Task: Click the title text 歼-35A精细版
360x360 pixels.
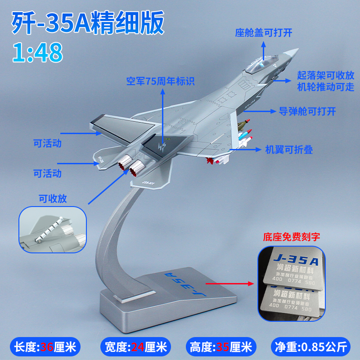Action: click(x=87, y=24)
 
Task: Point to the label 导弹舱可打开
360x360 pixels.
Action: click(x=307, y=111)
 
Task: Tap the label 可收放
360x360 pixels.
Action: click(x=53, y=198)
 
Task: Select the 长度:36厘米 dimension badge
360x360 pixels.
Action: click(x=46, y=346)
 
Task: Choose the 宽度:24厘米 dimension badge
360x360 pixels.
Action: click(x=135, y=346)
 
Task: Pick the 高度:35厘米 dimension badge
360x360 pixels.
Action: click(x=224, y=346)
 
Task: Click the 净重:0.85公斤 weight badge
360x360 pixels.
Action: click(x=311, y=346)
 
